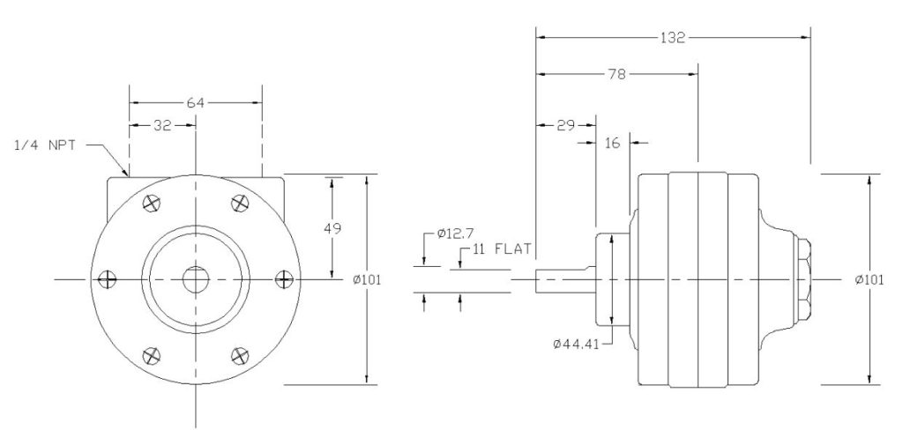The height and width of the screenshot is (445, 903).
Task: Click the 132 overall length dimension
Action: pyautogui.click(x=673, y=38)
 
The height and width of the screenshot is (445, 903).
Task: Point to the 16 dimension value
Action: pyautogui.click(x=612, y=142)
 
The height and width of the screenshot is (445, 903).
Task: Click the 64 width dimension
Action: pyautogui.click(x=195, y=103)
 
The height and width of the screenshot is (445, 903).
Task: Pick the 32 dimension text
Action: pyautogui.click(x=162, y=126)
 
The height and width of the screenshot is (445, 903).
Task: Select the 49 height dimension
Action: pyautogui.click(x=332, y=227)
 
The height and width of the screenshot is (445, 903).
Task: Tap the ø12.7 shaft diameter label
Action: pyautogui.click(x=455, y=235)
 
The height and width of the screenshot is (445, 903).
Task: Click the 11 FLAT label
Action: pyautogui.click(x=502, y=249)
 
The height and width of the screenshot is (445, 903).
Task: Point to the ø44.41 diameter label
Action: pyautogui.click(x=577, y=344)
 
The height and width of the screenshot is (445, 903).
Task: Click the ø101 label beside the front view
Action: pyautogui.click(x=367, y=279)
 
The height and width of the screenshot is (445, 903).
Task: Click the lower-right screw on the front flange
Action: pyautogui.click(x=238, y=355)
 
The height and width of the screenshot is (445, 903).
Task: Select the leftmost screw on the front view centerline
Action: pyautogui.click(x=107, y=279)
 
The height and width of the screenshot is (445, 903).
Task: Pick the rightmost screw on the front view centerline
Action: pyautogui.click(x=283, y=279)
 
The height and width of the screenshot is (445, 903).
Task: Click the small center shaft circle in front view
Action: pyautogui.click(x=195, y=279)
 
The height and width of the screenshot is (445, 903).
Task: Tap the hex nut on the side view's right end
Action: pyautogui.click(x=804, y=279)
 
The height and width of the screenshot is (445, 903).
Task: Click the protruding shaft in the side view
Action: pyautogui.click(x=564, y=280)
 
